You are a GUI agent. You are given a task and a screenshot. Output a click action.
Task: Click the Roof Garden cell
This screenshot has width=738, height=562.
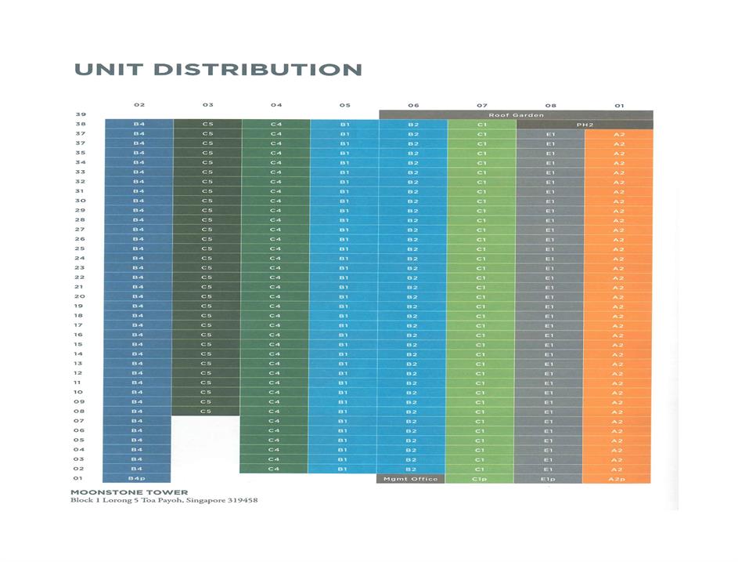(516, 114)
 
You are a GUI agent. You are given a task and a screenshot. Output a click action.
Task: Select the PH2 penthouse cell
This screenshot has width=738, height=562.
(585, 124)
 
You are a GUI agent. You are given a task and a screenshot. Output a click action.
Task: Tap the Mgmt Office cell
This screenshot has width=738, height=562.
(412, 478)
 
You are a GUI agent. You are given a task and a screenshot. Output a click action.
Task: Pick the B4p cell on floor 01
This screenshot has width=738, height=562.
(139, 478)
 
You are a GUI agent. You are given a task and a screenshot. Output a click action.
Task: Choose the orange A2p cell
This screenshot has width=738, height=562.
(619, 478)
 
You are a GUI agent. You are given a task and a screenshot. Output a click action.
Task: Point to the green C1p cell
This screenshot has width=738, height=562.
(481, 478)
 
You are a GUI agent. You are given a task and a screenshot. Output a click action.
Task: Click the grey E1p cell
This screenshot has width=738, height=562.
(550, 478)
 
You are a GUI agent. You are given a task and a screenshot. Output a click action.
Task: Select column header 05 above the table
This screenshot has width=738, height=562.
(344, 104)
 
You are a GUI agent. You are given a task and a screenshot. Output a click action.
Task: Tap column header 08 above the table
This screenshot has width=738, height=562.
(550, 104)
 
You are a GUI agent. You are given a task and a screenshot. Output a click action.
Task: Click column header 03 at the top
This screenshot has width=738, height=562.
(207, 104)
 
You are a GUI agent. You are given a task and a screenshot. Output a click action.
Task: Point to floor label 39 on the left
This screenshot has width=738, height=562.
(79, 114)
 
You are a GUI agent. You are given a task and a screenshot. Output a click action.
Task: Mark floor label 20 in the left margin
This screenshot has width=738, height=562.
(79, 296)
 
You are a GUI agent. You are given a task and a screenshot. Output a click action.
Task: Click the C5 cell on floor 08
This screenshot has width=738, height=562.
(207, 411)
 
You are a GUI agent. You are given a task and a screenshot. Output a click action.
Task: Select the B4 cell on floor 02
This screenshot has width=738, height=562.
(139, 469)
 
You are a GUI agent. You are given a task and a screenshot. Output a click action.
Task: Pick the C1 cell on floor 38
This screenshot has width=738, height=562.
(481, 124)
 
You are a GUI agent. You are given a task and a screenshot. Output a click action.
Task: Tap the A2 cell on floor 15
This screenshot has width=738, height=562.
(619, 344)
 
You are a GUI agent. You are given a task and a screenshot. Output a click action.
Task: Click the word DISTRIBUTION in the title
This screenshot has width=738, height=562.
(259, 69)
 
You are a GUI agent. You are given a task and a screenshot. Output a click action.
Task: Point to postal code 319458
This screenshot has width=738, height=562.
(242, 501)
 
